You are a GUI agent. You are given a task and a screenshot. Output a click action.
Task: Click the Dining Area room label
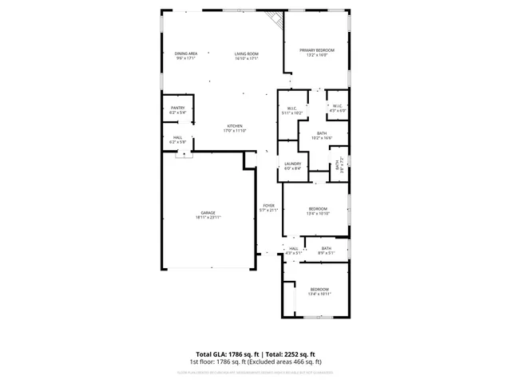click(x=185, y=55)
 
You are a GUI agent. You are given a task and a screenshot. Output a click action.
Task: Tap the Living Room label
click(x=247, y=55)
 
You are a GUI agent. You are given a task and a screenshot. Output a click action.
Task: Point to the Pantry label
click(x=177, y=110)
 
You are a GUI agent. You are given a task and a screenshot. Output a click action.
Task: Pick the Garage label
click(x=208, y=215)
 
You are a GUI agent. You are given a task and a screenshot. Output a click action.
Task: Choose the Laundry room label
click(x=293, y=165)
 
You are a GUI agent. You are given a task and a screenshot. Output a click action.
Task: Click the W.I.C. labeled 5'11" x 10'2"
click(x=293, y=111)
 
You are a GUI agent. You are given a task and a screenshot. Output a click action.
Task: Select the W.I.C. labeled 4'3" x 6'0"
click(x=338, y=108)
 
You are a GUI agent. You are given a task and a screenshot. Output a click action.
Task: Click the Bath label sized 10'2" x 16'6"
click(x=321, y=136)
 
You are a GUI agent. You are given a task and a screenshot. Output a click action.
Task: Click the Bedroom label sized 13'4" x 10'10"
click(x=319, y=211)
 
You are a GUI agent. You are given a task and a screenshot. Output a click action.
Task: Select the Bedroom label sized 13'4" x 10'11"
click(x=319, y=291)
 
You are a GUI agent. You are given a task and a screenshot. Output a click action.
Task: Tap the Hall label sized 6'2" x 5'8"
click(x=177, y=140)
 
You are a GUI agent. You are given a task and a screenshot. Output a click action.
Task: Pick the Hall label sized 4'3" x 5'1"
click(x=294, y=251)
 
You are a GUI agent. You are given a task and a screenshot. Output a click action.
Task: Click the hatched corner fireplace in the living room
click(x=277, y=19)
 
